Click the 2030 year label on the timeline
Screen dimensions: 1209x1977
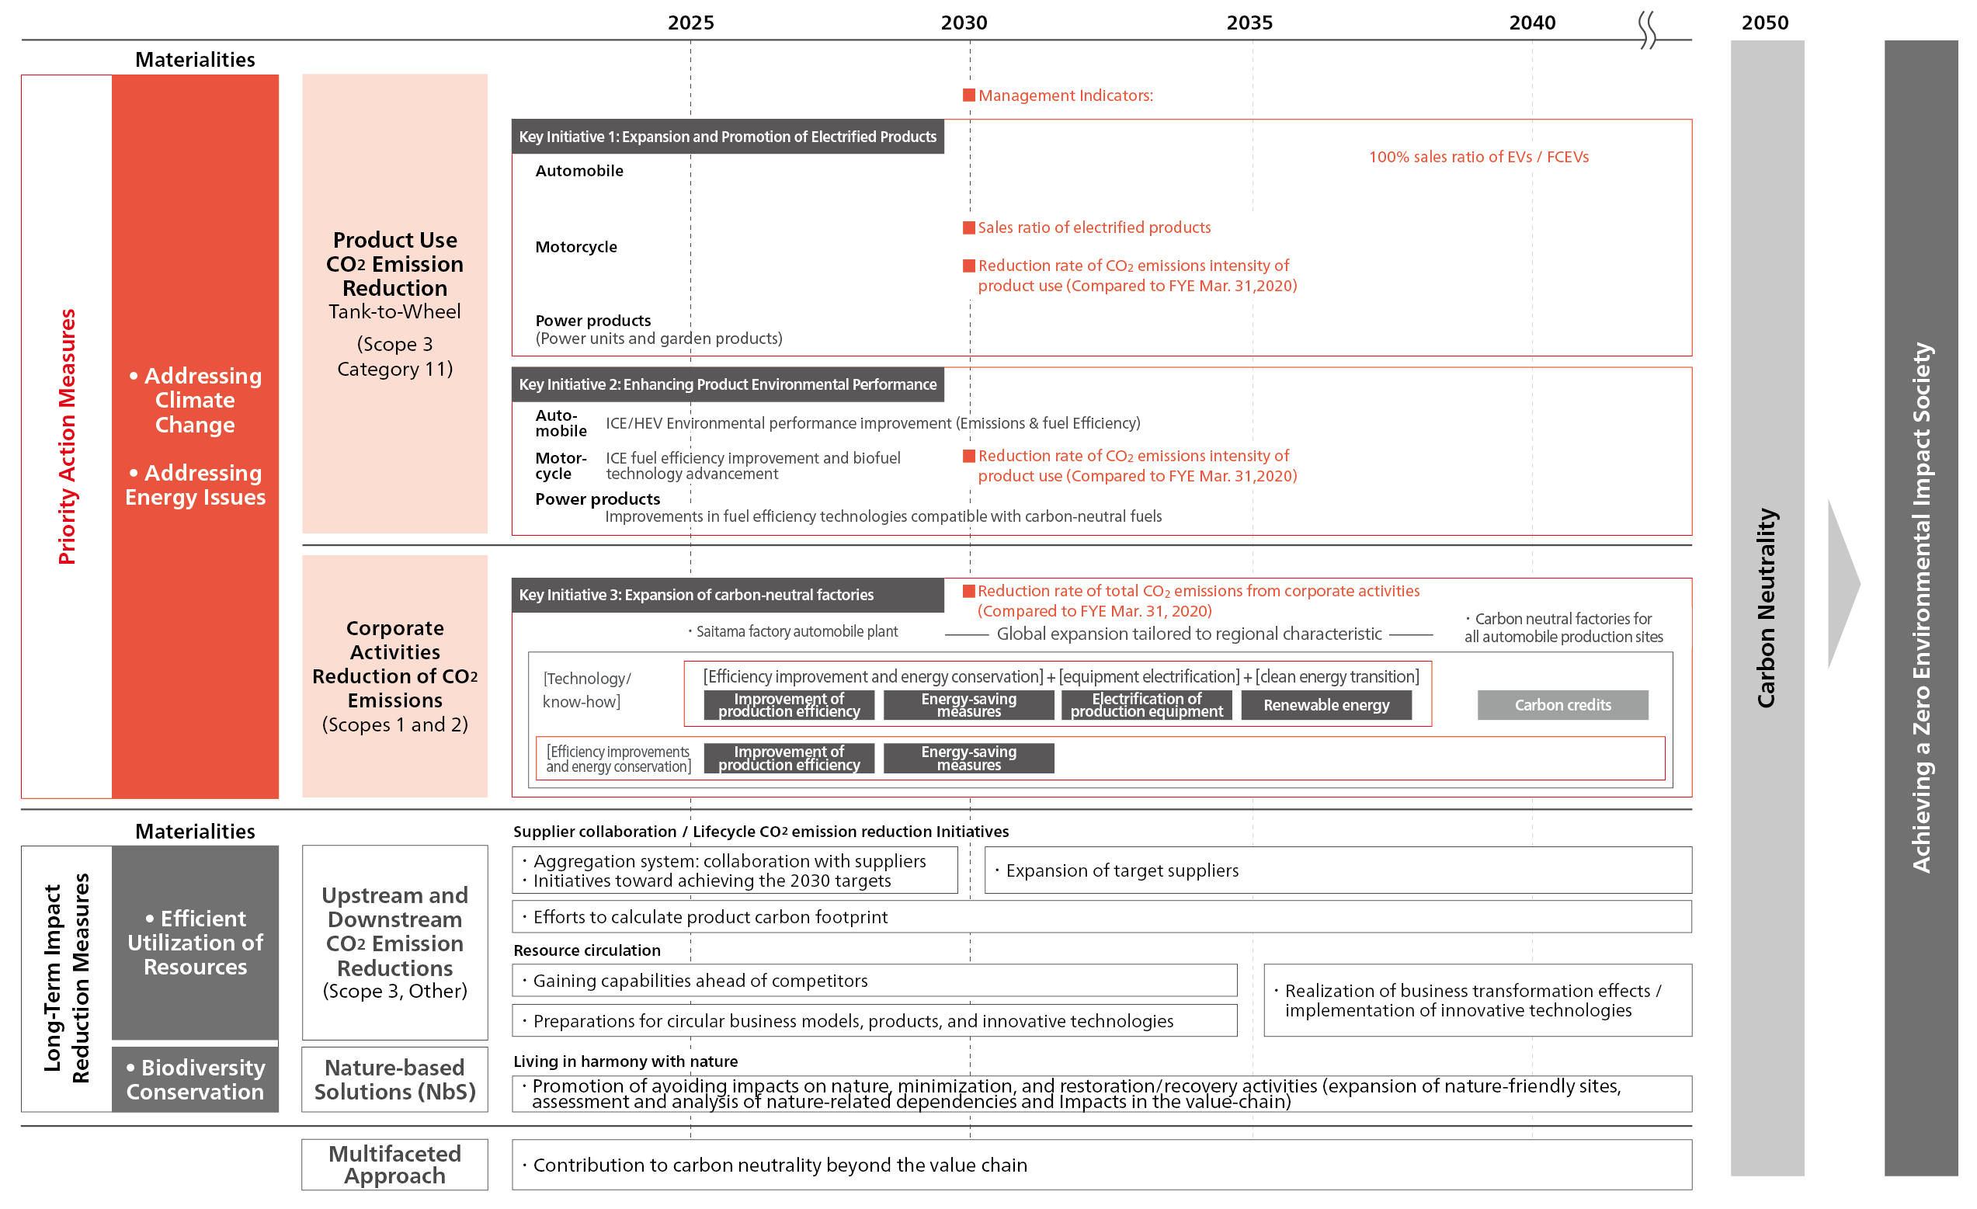tap(964, 23)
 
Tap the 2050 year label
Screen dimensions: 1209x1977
tap(1764, 23)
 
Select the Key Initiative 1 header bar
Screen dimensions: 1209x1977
tap(727, 137)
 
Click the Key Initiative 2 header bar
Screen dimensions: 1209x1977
tap(727, 384)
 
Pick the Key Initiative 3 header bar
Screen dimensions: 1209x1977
tap(727, 595)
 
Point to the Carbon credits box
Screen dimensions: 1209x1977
tap(1562, 705)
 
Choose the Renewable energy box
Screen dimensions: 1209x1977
tap(1326, 705)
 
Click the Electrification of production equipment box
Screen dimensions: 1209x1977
tap(1146, 705)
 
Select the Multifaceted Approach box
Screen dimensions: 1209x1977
tap(394, 1164)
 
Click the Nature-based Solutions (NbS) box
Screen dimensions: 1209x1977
tap(394, 1079)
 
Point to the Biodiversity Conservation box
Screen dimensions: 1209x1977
tap(195, 1079)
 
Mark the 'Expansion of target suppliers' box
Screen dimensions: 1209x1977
tap(1337, 870)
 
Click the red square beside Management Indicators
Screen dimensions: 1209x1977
tap(968, 96)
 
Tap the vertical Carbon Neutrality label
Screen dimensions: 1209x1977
tap(1766, 607)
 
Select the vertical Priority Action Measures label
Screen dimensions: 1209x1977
tap(68, 436)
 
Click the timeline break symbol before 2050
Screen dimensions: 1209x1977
tap(1646, 30)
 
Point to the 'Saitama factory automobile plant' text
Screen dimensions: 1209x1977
tap(796, 631)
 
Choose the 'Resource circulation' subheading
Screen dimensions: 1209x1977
tap(586, 950)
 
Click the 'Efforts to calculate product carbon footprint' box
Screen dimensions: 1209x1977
tap(1101, 916)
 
